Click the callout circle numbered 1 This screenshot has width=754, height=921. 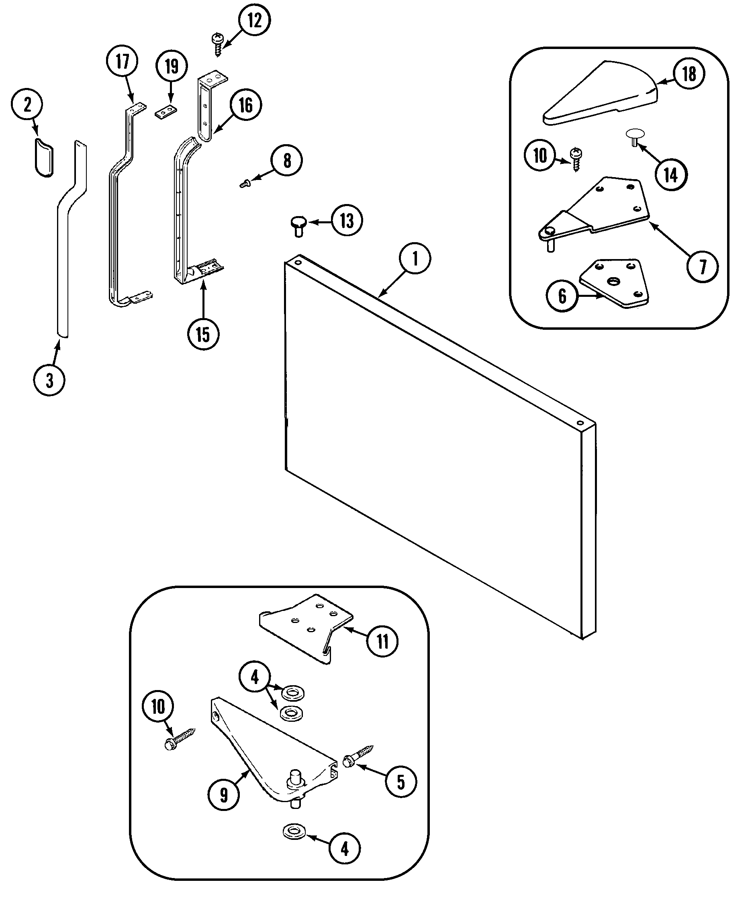[x=415, y=259]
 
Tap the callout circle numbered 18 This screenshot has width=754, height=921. [x=689, y=74]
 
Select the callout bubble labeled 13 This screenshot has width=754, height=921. [x=347, y=221]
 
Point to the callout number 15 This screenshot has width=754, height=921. [x=203, y=334]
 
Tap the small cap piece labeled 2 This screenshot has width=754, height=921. [x=44, y=157]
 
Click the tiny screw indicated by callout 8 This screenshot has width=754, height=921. [x=244, y=184]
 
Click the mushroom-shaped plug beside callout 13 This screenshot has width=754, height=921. [x=298, y=226]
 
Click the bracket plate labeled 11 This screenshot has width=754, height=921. [x=306, y=626]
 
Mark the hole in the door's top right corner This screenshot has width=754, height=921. [x=580, y=423]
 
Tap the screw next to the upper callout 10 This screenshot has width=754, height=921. [x=576, y=159]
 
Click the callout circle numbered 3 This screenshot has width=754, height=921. [x=49, y=380]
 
